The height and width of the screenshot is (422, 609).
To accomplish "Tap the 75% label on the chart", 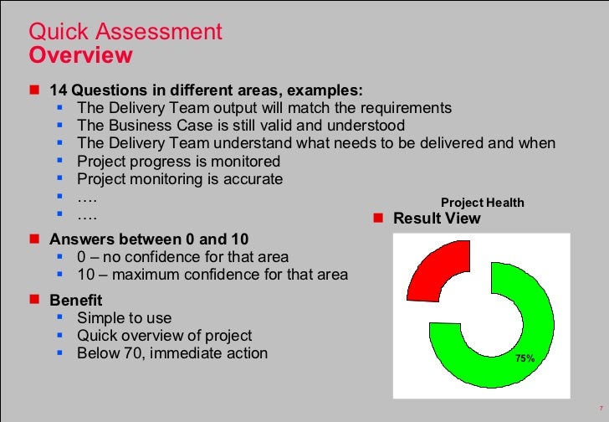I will coord(525,358).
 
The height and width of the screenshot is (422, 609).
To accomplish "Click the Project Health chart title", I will coord(483,203).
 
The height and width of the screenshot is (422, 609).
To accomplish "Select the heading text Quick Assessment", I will coord(125,33).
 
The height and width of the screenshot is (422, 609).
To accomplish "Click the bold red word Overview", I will coord(80,55).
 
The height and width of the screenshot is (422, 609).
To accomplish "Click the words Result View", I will coord(437,219).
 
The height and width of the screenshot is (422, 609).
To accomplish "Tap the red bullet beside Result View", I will coord(377,219).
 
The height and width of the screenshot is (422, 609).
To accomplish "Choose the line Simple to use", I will coord(124,318).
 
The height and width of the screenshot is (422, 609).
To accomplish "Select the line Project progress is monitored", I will coord(178,161).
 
